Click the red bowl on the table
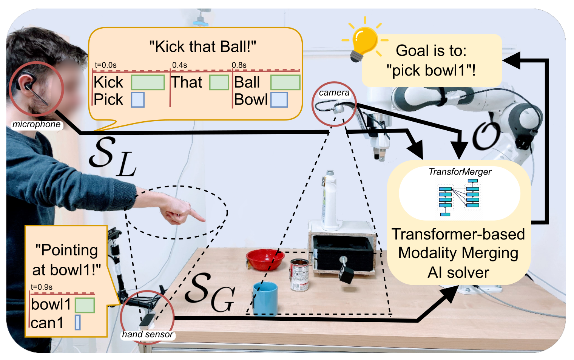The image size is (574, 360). pos(265,260)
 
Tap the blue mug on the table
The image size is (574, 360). pos(265,299)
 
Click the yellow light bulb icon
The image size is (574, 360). pos(365,40)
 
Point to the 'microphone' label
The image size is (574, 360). pos(36,124)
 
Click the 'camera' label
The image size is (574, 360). pos(334,93)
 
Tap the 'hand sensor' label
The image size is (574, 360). pos(148,334)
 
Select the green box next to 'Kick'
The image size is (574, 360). pos(148,82)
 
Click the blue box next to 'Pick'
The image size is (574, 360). pos(137,100)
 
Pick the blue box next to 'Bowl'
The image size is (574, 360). pos(279,100)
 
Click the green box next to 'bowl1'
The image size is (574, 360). pos(85,305)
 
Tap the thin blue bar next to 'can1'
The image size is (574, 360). pos(78,323)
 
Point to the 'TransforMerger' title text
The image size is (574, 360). pos(460,172)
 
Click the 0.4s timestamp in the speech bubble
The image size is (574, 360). pos(179,65)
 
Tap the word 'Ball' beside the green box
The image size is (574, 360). pos(247,82)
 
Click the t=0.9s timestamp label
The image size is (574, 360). pos(42,287)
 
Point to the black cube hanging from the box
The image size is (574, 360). pos(346,274)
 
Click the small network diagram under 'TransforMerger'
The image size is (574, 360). pos(459,198)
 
